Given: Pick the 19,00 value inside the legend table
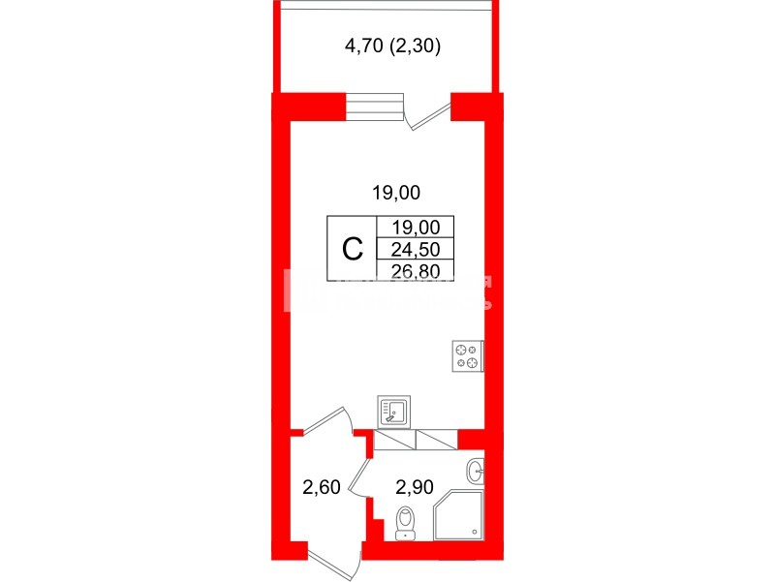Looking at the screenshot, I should [x=416, y=228].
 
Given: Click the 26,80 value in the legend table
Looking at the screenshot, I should [x=416, y=270].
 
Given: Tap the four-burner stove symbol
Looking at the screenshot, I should [x=467, y=356].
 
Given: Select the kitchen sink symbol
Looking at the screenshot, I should [x=393, y=412].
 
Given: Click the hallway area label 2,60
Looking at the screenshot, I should [x=322, y=487].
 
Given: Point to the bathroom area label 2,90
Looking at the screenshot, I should [x=414, y=487].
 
